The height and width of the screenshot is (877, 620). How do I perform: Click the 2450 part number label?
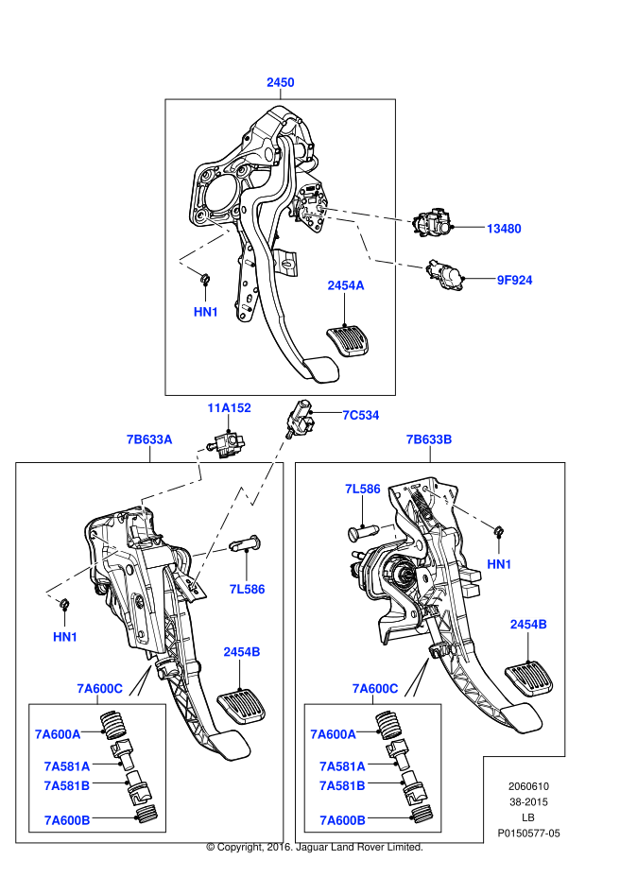(280, 82)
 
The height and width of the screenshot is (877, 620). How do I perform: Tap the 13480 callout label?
(504, 229)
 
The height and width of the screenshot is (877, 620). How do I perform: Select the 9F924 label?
(514, 280)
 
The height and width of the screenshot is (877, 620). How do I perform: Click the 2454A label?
(345, 284)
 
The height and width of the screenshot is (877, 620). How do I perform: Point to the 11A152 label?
(230, 408)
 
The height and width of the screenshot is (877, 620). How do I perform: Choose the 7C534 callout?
(360, 414)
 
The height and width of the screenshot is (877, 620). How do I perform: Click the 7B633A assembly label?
(149, 439)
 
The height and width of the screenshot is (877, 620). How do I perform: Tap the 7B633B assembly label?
(429, 439)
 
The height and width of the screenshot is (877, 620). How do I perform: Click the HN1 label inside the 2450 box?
(206, 311)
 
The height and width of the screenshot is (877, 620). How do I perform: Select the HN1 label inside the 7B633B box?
(499, 564)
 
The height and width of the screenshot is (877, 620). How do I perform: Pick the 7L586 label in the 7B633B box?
(362, 489)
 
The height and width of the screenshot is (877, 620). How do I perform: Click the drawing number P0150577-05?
(528, 834)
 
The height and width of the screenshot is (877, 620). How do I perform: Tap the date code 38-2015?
(528, 801)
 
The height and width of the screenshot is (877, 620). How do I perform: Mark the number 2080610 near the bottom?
(528, 785)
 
